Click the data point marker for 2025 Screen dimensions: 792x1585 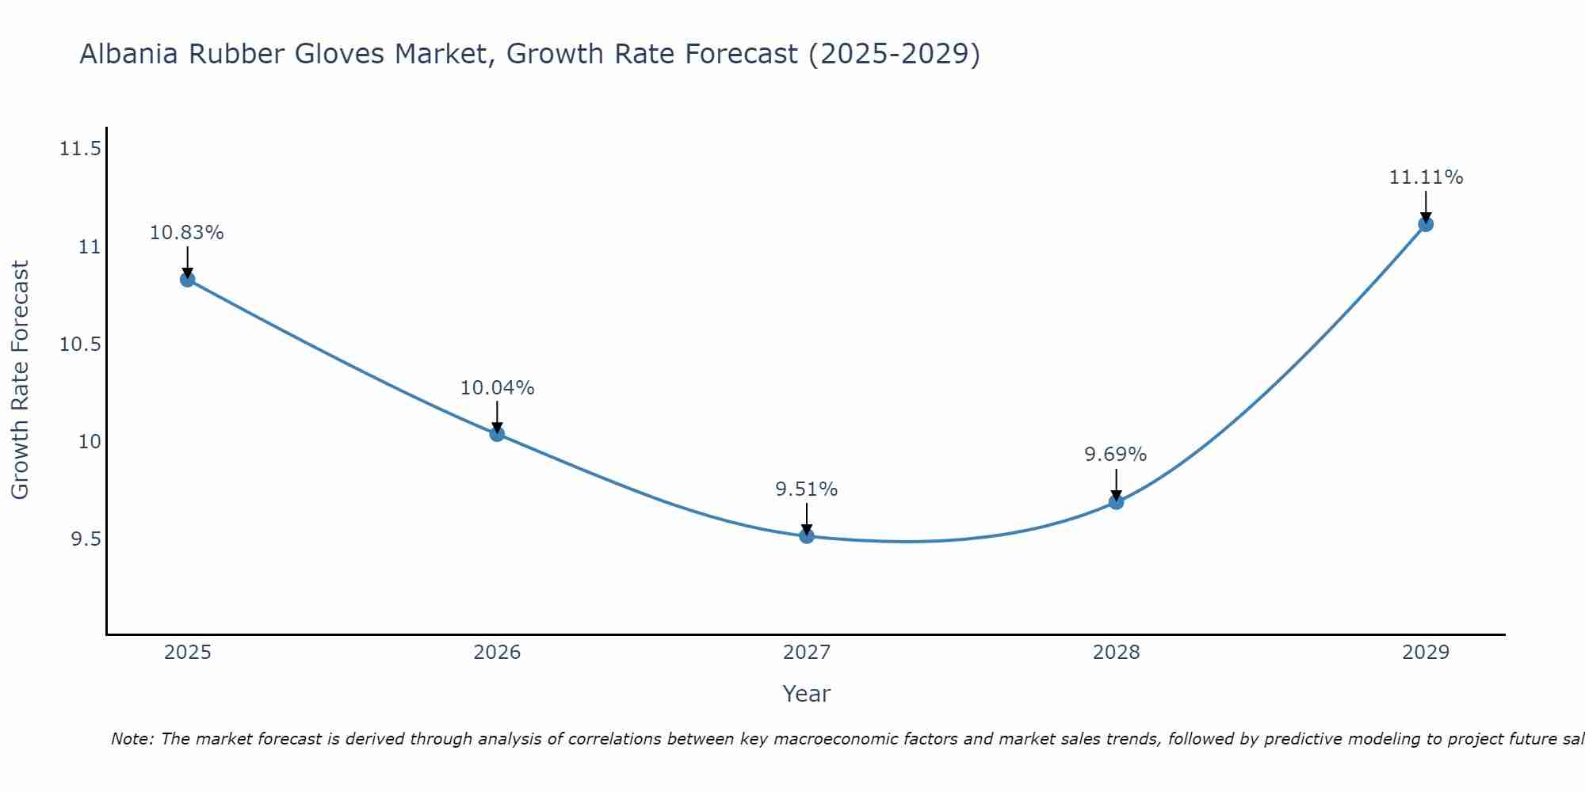click(x=188, y=280)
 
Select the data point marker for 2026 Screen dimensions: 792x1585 click(x=497, y=434)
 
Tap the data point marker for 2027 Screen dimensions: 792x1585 click(x=807, y=536)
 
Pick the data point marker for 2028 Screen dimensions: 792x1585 click(x=1116, y=501)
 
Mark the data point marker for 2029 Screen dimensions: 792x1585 click(x=1426, y=224)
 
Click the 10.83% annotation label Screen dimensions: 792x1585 click(x=187, y=233)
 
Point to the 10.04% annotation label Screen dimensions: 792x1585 click(x=497, y=388)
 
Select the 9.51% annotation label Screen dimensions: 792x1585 click(x=807, y=489)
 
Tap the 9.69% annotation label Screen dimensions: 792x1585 click(x=1116, y=455)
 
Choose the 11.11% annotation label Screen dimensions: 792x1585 click(x=1426, y=177)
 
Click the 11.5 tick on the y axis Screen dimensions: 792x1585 click(x=81, y=149)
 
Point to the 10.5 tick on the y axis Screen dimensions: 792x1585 click(x=81, y=345)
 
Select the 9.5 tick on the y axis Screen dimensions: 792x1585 click(x=86, y=539)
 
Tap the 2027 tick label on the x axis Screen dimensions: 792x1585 click(x=807, y=653)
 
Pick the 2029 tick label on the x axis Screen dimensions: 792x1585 click(x=1426, y=653)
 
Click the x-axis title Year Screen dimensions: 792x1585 click(x=807, y=694)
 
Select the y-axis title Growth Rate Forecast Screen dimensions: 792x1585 click(x=20, y=380)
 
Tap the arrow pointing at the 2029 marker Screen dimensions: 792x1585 click(x=1426, y=208)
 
